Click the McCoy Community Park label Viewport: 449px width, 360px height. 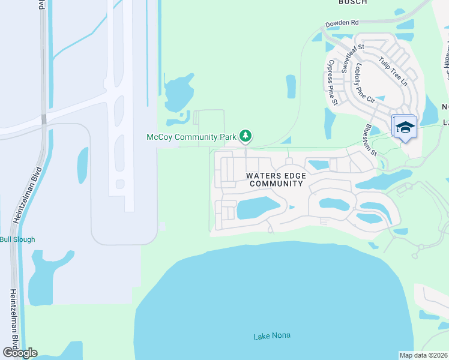(x=191, y=137)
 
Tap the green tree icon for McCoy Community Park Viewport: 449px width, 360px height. (x=245, y=137)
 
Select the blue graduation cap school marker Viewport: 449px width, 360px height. (x=405, y=127)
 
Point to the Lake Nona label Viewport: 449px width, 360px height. (x=271, y=336)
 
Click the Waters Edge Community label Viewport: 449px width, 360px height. (x=276, y=179)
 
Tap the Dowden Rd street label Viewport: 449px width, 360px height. (x=342, y=23)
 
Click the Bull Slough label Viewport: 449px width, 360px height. (x=17, y=239)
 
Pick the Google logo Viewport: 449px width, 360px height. (x=20, y=352)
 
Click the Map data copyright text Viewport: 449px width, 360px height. (x=423, y=355)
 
